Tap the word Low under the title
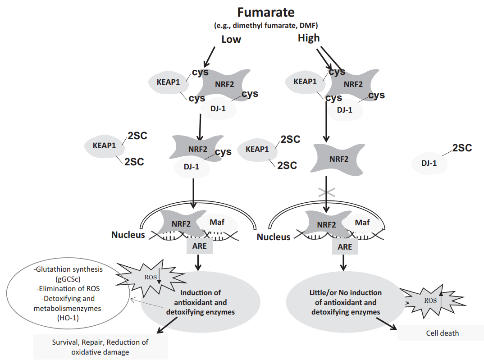pos(231,39)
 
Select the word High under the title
pos(309,38)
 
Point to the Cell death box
pos(442,333)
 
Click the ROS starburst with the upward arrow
pos(429,299)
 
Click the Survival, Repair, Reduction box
pos(100,347)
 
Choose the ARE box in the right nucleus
pos(345,246)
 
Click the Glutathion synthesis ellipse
pos(68,293)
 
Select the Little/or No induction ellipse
pos(345,302)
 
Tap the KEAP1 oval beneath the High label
pos(305,82)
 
